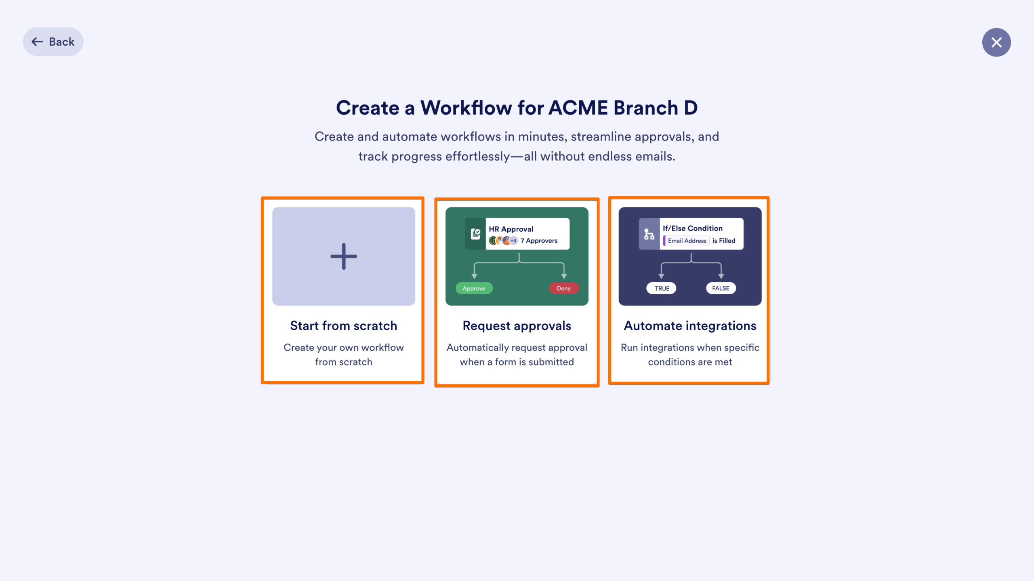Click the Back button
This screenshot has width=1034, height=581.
pos(53,42)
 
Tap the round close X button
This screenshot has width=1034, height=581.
pos(996,42)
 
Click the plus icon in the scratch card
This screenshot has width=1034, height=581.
pos(343,256)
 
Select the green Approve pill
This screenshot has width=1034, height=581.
pos(474,288)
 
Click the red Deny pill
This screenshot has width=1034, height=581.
pos(563,288)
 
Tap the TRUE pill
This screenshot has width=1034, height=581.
pos(662,288)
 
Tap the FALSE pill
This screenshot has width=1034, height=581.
pos(721,288)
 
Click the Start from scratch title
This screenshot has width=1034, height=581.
pos(343,326)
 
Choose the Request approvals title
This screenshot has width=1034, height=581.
pos(517,326)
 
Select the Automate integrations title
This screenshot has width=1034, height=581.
pos(690,326)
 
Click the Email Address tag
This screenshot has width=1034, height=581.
pos(687,241)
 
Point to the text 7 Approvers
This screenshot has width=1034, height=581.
pos(539,241)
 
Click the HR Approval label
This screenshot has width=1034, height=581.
pos(511,229)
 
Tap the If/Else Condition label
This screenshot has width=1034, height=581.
pos(692,228)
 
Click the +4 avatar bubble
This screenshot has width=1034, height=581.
pos(513,241)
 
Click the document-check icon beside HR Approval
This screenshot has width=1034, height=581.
pos(475,234)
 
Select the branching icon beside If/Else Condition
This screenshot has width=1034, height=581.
pos(649,234)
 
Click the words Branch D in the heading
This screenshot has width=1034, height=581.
pos(655,108)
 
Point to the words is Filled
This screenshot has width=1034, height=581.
pos(724,241)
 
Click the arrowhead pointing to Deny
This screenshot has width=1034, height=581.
pos(564,276)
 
